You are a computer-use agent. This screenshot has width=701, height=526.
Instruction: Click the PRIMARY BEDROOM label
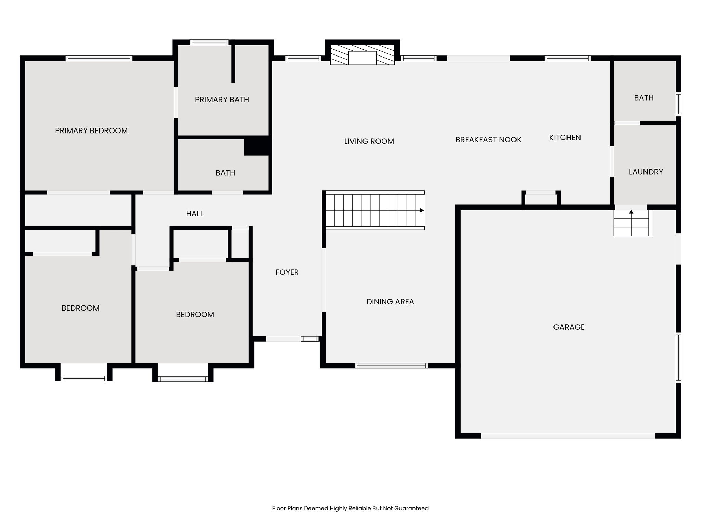(x=91, y=130)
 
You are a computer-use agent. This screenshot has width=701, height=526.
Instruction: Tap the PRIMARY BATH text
(x=222, y=100)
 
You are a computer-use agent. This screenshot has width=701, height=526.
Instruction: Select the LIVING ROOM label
(x=369, y=141)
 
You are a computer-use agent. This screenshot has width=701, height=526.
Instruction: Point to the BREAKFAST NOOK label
(x=488, y=140)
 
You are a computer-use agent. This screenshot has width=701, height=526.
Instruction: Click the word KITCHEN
(x=565, y=137)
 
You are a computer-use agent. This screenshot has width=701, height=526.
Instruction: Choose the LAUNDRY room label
(x=646, y=172)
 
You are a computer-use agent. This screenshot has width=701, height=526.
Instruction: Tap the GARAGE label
(x=569, y=327)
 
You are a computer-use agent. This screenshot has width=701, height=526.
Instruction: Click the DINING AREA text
(x=390, y=302)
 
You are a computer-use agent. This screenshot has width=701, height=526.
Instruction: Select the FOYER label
(x=287, y=272)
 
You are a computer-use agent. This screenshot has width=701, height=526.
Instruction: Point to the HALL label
(x=194, y=214)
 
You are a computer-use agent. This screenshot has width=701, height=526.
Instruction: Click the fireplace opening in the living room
(x=362, y=58)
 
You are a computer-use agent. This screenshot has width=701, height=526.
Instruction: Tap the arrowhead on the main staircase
(x=422, y=210)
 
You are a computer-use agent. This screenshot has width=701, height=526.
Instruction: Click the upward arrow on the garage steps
(x=631, y=212)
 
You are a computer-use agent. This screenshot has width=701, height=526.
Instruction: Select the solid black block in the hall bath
(x=257, y=146)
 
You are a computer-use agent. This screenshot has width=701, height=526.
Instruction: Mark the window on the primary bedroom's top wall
(x=99, y=58)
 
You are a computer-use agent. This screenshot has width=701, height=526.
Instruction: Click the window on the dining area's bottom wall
(x=391, y=366)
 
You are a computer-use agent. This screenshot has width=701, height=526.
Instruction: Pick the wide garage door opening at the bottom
(x=568, y=436)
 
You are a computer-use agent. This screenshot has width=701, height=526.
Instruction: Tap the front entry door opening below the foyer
(x=283, y=339)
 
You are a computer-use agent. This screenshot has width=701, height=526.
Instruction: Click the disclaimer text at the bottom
(x=350, y=508)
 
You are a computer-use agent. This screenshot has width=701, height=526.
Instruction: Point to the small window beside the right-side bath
(x=678, y=104)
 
